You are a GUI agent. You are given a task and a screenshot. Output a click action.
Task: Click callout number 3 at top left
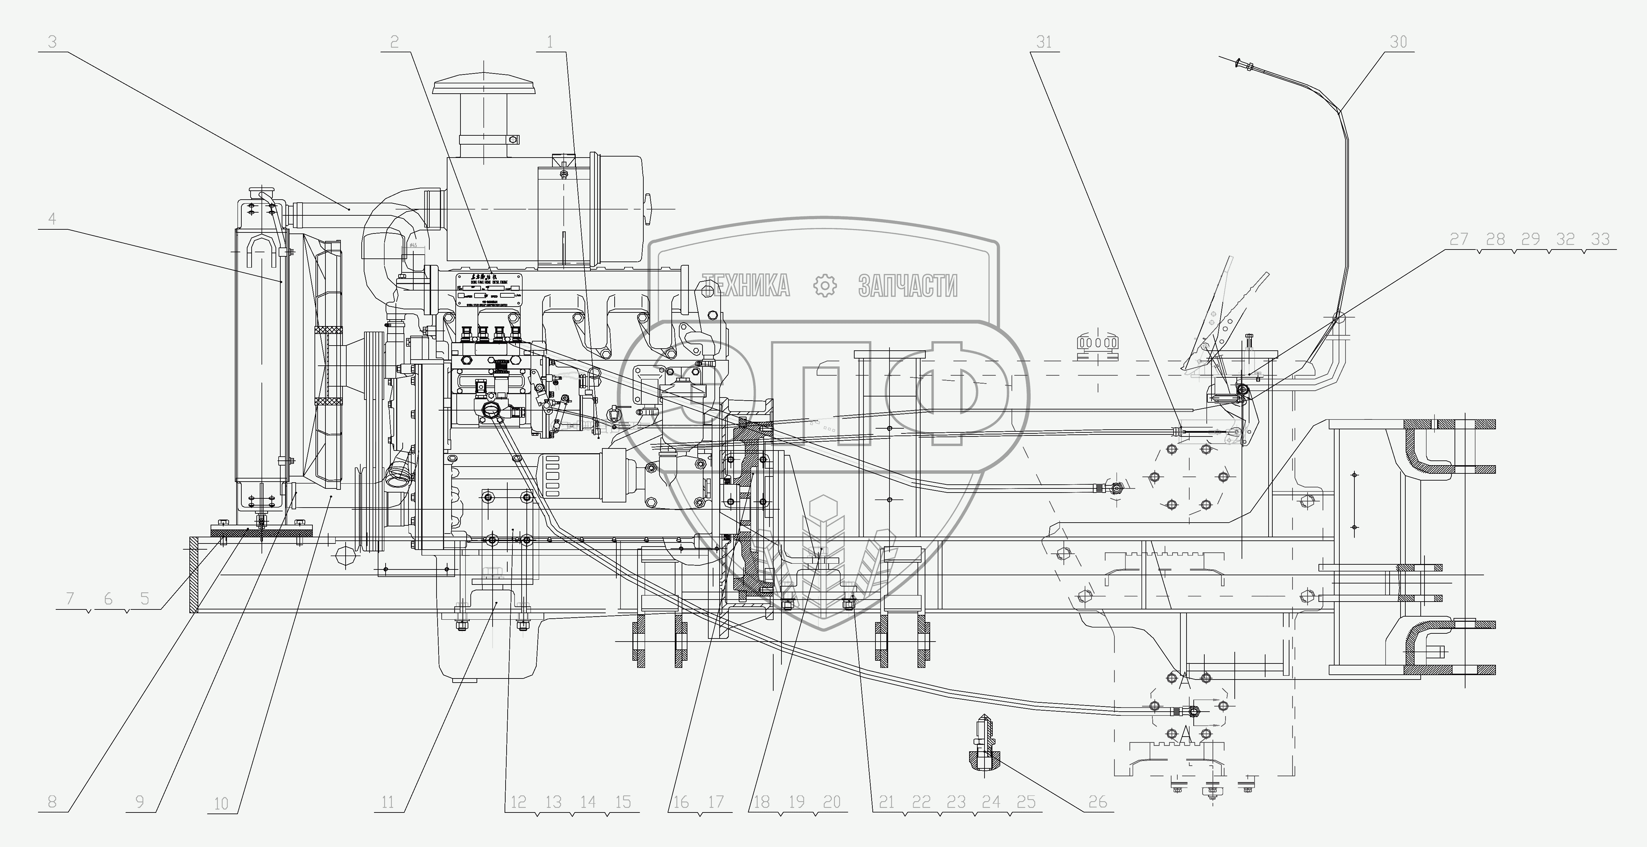click(x=52, y=42)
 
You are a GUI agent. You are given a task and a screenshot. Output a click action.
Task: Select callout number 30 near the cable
click(x=1398, y=42)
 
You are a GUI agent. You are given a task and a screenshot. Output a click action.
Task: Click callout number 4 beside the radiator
click(x=52, y=219)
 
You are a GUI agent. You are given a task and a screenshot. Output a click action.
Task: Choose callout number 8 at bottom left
click(x=52, y=802)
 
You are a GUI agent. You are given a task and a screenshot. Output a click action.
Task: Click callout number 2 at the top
click(x=394, y=42)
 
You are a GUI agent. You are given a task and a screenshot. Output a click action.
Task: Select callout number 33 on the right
click(x=1600, y=239)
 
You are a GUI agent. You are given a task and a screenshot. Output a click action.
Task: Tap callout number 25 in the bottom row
click(x=1026, y=802)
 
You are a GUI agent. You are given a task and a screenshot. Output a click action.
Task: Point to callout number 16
click(x=682, y=802)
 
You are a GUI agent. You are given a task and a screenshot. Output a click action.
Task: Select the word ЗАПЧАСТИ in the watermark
click(x=908, y=286)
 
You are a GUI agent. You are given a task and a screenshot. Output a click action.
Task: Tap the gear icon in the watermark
click(x=825, y=286)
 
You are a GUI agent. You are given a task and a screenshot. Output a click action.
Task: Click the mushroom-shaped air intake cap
click(x=484, y=86)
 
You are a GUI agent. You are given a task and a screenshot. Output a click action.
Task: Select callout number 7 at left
click(x=70, y=599)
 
